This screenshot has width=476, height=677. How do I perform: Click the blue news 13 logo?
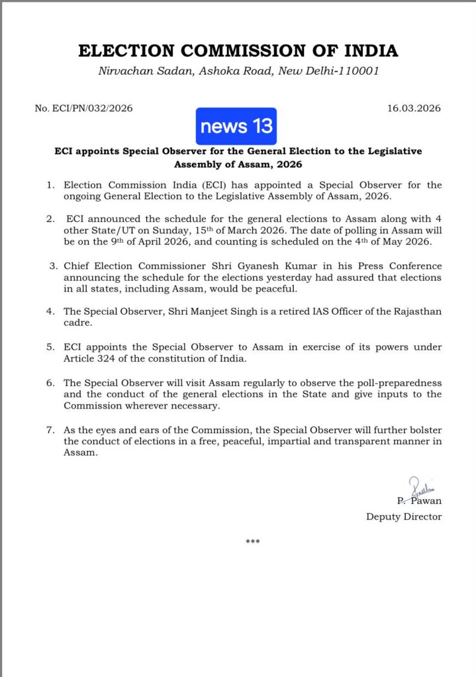[x=236, y=126]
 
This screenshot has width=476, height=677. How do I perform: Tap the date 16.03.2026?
[x=414, y=108]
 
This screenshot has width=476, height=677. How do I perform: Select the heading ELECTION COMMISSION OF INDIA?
[x=238, y=51]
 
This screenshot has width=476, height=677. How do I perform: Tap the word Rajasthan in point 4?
[x=409, y=311]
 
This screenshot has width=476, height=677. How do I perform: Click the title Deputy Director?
[x=404, y=516]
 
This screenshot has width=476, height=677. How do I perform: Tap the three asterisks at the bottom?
[x=252, y=542]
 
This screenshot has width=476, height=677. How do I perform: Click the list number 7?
[x=50, y=430]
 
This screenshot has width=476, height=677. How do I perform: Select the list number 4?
[x=50, y=311]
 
